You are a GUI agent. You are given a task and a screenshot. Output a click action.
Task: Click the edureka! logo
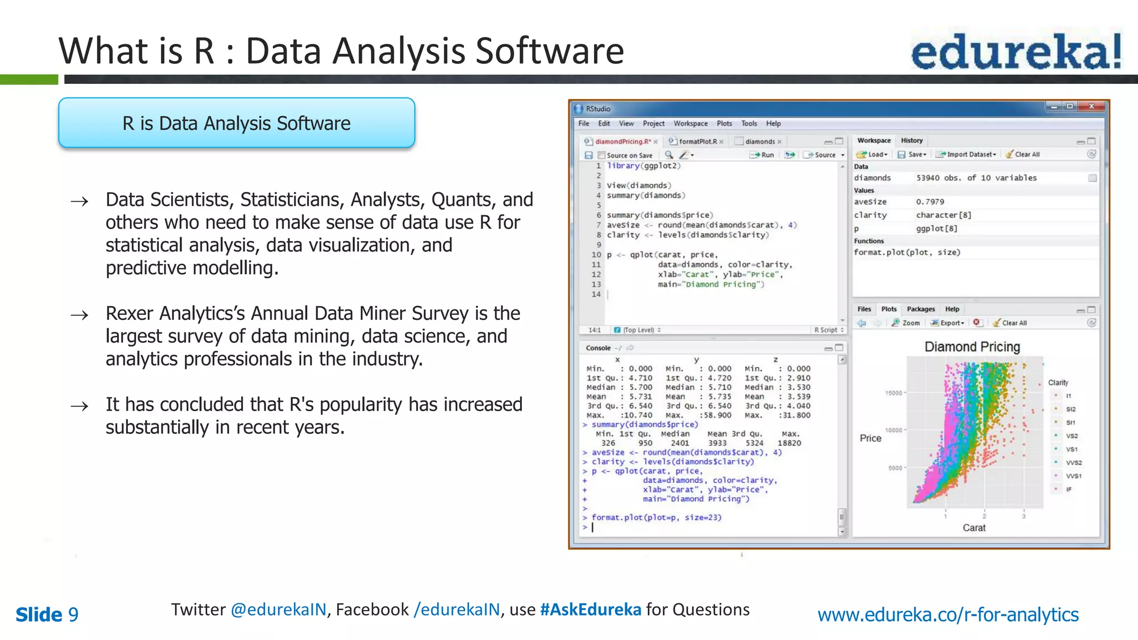click(1016, 51)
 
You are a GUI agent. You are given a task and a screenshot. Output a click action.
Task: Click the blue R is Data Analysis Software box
click(237, 123)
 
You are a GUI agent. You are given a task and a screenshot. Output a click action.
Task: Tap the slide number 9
click(73, 615)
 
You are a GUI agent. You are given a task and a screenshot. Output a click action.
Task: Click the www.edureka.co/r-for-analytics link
click(948, 614)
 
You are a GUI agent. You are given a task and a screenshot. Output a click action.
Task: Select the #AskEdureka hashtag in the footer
click(590, 609)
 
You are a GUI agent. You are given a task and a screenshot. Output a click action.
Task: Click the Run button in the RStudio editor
click(762, 155)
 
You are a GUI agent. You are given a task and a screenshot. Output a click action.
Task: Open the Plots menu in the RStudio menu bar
click(724, 123)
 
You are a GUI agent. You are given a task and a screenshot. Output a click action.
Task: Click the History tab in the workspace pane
click(911, 141)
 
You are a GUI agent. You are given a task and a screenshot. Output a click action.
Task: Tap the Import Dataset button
click(966, 154)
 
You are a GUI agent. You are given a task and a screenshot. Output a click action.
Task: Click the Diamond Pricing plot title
click(972, 347)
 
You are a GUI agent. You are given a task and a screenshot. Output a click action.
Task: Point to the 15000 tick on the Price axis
click(894, 393)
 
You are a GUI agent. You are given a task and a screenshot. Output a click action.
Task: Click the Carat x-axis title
click(974, 528)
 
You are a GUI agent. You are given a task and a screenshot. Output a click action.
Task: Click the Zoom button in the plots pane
click(906, 323)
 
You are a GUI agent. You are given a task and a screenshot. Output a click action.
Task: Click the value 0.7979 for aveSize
click(930, 202)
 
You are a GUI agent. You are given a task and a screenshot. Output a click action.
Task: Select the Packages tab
click(920, 309)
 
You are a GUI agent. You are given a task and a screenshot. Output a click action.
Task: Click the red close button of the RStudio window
click(1091, 106)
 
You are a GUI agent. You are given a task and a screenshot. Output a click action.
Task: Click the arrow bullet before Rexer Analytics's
click(79, 315)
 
